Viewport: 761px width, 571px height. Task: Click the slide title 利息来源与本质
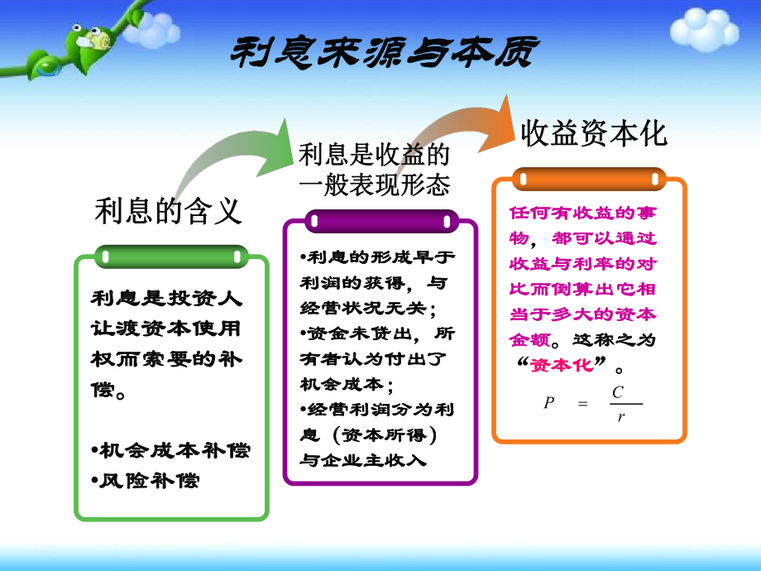point(382,52)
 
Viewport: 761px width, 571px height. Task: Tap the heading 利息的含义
point(169,211)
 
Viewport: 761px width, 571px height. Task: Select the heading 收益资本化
point(593,133)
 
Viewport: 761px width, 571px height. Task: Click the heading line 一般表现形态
point(374,183)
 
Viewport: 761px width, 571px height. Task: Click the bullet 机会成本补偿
point(170,451)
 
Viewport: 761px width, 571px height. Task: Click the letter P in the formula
point(548,403)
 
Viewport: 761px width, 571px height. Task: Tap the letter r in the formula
point(620,416)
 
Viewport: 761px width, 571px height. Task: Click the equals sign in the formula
point(582,404)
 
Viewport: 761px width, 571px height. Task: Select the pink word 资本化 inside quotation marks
point(562,364)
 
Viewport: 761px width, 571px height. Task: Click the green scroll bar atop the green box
point(170,257)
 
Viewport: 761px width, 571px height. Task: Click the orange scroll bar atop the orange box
point(589,178)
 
